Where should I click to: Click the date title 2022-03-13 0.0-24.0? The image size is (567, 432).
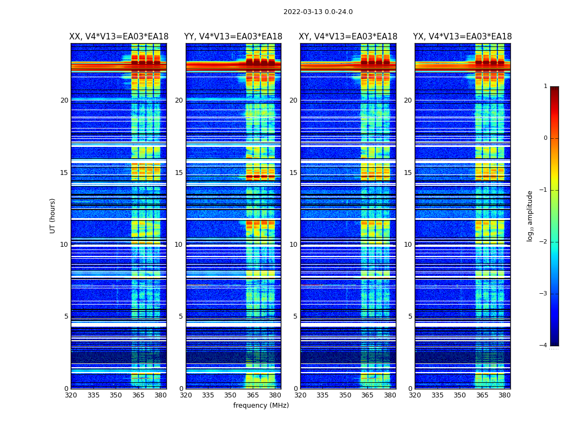[x=318, y=12]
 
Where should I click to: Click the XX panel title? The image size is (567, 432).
[x=119, y=37]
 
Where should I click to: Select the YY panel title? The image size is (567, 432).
[x=233, y=37]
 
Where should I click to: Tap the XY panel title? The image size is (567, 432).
[x=348, y=37]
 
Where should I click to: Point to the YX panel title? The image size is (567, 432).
[x=463, y=37]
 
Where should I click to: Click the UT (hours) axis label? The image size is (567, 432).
[x=53, y=215]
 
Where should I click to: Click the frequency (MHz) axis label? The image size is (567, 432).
[x=261, y=406]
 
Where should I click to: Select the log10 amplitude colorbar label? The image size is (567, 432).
[x=530, y=215]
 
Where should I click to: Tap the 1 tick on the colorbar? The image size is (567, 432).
[x=545, y=86]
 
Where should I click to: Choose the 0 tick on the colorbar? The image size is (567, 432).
[x=545, y=138]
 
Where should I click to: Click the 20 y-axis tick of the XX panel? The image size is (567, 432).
[x=64, y=100]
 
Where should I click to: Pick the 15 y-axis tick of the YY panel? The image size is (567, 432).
[x=179, y=173]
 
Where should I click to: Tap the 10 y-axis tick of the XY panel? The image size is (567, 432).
[x=293, y=245]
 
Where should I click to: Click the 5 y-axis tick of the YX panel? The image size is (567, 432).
[x=410, y=316]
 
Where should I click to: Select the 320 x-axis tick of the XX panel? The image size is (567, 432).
[x=71, y=395]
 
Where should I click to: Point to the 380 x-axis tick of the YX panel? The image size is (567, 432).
[x=504, y=395]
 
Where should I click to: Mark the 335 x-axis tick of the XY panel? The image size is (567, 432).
[x=322, y=395]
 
